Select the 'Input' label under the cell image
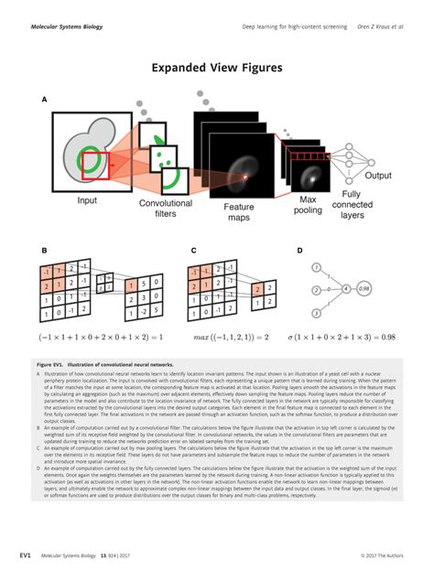coord(87,200)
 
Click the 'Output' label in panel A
coord(377,176)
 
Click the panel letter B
coord(43,249)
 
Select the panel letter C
coord(194,249)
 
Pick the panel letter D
coord(299,249)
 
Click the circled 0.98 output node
coord(364,289)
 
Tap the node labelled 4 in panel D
coord(345,289)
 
